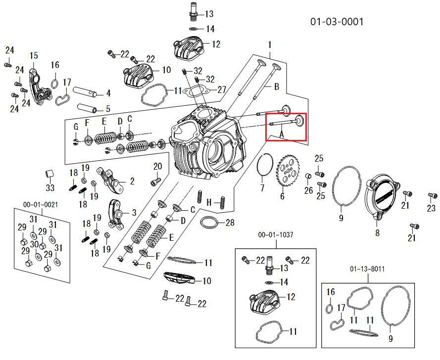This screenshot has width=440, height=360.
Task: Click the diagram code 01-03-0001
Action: click(337, 22)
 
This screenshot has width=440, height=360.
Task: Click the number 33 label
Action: click(50, 188)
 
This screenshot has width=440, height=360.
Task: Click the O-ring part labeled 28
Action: click(209, 223)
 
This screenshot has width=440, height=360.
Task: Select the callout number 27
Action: click(221, 90)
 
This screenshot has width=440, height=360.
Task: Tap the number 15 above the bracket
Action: click(34, 55)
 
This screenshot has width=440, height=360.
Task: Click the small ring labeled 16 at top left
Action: click(54, 83)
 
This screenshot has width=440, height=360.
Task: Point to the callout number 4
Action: click(107, 93)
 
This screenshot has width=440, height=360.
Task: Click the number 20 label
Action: click(157, 166)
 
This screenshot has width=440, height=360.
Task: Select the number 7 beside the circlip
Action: click(262, 188)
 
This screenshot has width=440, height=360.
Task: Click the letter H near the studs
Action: click(209, 202)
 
